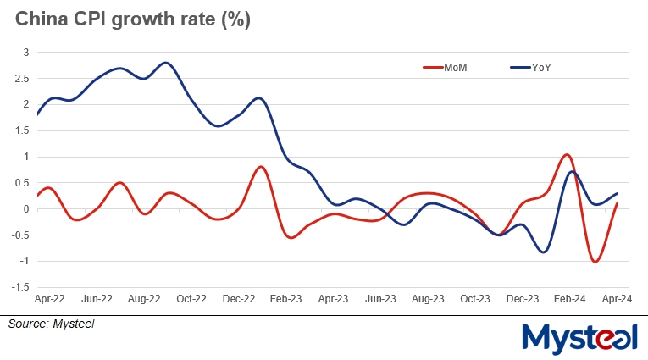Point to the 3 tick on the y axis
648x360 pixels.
coord(25,53)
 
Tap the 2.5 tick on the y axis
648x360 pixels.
coord(22,79)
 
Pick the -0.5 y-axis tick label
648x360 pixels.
coord(20,235)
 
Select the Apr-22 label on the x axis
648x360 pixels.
coord(50,299)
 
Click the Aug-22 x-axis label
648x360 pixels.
coord(145,299)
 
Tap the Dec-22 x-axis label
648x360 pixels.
coord(239,299)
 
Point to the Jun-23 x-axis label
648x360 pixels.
coord(380,299)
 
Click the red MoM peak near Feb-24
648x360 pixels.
coord(566,155)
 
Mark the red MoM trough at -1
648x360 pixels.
coord(595,262)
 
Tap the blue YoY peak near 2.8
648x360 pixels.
coord(166,63)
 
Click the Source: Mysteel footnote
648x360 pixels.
coord(52,324)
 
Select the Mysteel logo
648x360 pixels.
coord(580,338)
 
